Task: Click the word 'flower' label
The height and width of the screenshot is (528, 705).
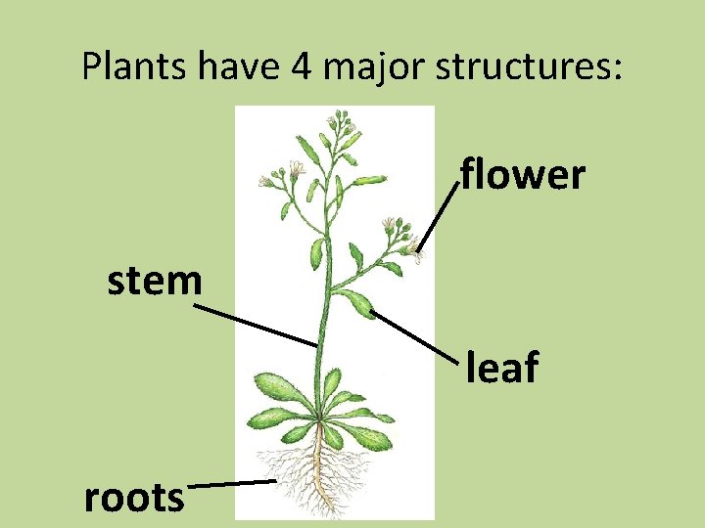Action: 523,176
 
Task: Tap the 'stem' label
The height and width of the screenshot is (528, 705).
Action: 155,282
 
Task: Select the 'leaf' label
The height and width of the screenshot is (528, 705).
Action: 501,369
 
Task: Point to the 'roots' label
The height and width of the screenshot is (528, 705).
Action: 134,498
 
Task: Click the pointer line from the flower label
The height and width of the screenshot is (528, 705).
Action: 440,217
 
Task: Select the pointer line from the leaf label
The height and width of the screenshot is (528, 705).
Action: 416,338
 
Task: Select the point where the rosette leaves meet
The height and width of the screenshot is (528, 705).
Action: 321,418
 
